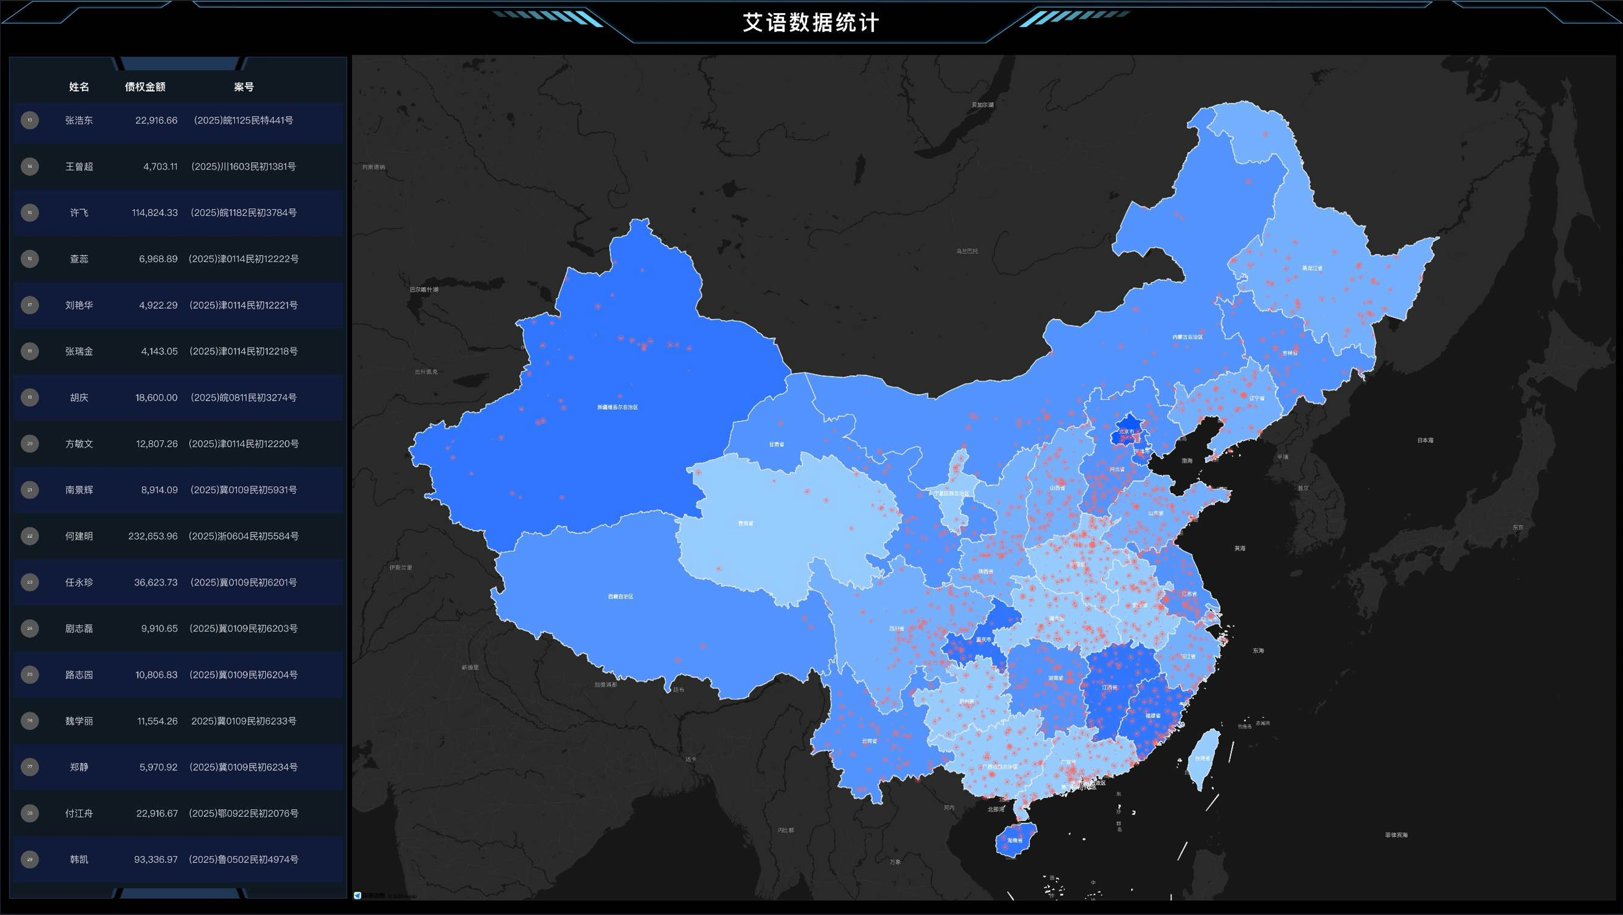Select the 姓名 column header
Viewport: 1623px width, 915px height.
[79, 87]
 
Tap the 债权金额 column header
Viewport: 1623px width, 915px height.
[145, 87]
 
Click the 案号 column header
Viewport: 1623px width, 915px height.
[243, 87]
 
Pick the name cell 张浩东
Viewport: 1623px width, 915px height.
[79, 120]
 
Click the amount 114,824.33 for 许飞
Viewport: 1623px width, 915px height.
[155, 213]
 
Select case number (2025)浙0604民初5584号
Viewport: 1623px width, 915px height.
[243, 536]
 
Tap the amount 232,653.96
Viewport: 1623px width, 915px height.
[153, 536]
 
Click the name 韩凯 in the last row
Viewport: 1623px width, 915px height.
[79, 859]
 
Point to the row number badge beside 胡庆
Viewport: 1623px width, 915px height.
[29, 398]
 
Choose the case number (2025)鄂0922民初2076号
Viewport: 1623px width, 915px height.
[243, 814]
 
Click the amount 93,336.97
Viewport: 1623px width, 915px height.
[156, 859]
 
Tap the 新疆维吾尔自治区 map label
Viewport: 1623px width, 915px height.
[617, 408]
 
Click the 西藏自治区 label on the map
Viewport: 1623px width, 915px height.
[621, 597]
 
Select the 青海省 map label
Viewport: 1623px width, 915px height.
[745, 524]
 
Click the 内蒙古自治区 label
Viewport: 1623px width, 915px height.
[1188, 337]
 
